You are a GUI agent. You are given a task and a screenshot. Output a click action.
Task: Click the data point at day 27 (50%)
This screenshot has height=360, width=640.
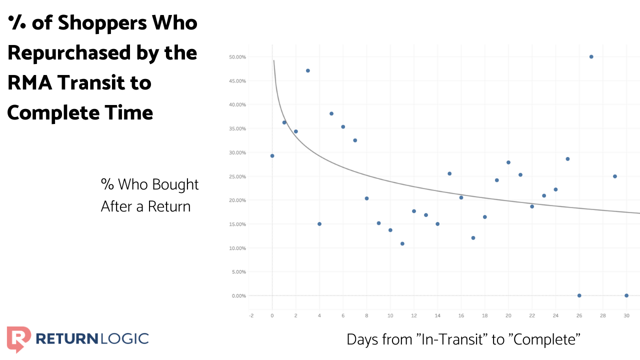[591, 56]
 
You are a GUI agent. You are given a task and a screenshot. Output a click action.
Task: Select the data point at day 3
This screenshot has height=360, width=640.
[307, 70]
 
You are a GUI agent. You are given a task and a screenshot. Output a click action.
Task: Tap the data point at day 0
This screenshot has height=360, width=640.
[272, 155]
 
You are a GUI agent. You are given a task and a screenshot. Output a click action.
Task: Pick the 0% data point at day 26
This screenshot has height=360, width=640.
[579, 295]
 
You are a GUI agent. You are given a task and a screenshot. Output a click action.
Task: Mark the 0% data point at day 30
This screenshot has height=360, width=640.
[626, 295]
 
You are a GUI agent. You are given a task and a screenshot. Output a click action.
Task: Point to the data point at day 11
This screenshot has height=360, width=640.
[402, 243]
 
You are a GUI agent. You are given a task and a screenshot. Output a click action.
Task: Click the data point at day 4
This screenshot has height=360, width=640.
[319, 223]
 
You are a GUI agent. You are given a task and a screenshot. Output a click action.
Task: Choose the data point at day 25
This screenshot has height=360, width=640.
[567, 159]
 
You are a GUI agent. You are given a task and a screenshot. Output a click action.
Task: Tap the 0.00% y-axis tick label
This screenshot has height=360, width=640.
[238, 296]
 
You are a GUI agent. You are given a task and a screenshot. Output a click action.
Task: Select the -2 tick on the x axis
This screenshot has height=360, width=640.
[251, 315]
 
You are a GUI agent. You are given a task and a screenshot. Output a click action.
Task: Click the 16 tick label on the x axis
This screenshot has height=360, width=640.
[461, 315]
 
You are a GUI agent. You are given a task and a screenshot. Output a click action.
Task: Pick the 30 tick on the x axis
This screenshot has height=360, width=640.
[626, 315]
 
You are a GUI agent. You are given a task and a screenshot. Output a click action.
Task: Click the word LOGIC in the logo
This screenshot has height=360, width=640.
[123, 338]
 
